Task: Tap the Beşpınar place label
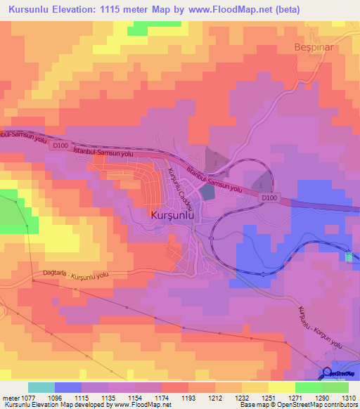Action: (312, 48)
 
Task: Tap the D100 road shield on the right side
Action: (270, 198)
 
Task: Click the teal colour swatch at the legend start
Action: (41, 387)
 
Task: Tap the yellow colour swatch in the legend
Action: (282, 387)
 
